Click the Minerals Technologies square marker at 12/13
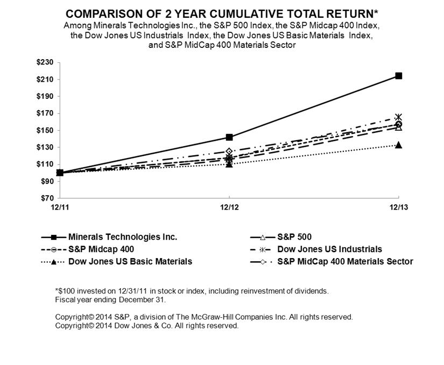(398, 76)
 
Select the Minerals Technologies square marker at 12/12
(229, 137)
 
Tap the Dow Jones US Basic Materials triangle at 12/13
(398, 145)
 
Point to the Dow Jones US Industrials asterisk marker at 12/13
(398, 117)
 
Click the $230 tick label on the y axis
(46, 62)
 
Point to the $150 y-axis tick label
(46, 130)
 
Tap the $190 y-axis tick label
(46, 96)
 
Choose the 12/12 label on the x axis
(229, 207)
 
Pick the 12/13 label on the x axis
(398, 207)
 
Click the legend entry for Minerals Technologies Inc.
(123, 237)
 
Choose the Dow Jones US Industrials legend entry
(329, 249)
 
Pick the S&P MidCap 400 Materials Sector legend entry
(345, 262)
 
